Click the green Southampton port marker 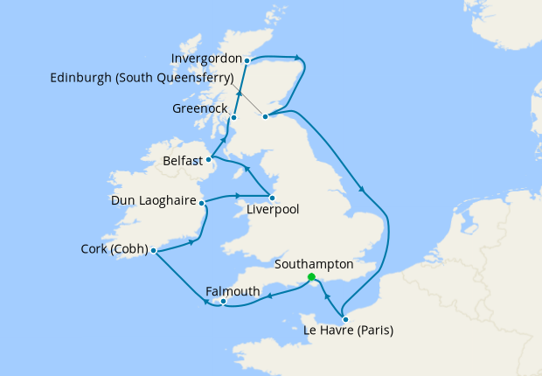pyautogui.click(x=312, y=277)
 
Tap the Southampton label pyautogui.click(x=314, y=263)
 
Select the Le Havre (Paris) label pyautogui.click(x=348, y=331)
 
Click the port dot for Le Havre pyautogui.click(x=345, y=319)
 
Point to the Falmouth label pyautogui.click(x=233, y=291)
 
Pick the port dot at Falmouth pyautogui.click(x=225, y=303)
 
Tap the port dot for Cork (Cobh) pyautogui.click(x=154, y=251)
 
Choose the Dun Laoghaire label pyautogui.click(x=153, y=201)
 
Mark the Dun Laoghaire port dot pyautogui.click(x=202, y=203)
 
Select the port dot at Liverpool pyautogui.click(x=272, y=198)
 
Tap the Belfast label pyautogui.click(x=183, y=161)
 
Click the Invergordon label pyautogui.click(x=206, y=60)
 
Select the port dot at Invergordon pyautogui.click(x=247, y=60)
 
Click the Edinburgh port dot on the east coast pyautogui.click(x=265, y=115)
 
